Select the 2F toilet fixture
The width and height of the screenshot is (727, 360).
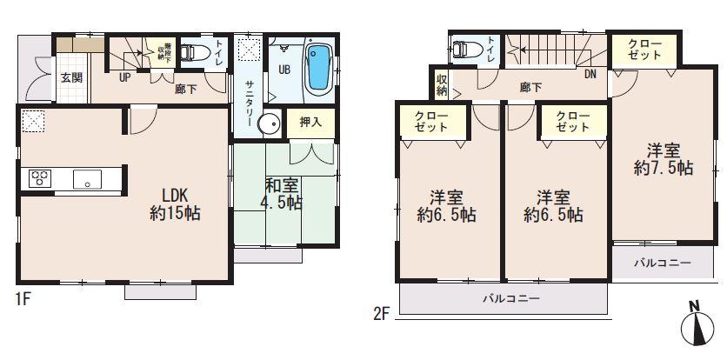click(466, 49)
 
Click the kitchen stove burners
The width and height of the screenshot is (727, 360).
click(40, 179)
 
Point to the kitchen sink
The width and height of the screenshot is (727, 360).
click(88, 180)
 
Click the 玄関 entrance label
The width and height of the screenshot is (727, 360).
click(71, 76)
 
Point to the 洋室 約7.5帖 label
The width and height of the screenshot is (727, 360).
click(663, 158)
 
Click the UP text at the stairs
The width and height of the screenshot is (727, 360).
click(124, 77)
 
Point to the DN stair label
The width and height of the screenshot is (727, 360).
click(590, 75)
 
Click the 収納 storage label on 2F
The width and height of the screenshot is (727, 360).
click(441, 84)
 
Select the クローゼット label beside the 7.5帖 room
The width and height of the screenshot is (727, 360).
click(644, 50)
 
